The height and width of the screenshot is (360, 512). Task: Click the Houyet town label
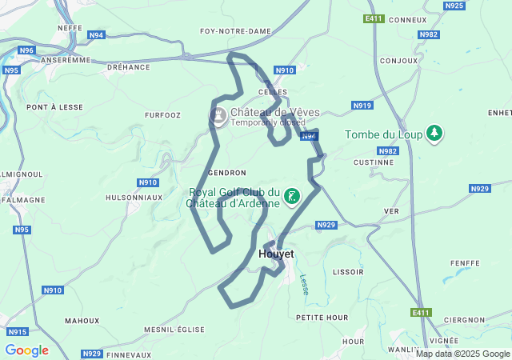[x=277, y=254]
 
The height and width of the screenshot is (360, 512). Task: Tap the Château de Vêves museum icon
[x=217, y=117]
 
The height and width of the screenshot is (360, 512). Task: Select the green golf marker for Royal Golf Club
[x=292, y=197]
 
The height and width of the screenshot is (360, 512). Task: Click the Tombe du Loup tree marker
[x=434, y=134]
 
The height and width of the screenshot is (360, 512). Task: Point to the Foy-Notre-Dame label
[x=235, y=31]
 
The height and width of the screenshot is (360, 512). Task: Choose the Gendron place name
[x=226, y=173]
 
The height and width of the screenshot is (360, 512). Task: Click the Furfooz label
[x=162, y=115]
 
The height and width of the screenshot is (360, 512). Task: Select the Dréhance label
[x=129, y=67]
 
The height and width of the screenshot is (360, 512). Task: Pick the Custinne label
[x=374, y=162]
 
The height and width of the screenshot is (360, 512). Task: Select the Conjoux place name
[x=399, y=61]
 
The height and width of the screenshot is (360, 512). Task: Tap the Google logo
[x=26, y=350]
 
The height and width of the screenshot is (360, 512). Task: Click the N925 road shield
[x=454, y=6]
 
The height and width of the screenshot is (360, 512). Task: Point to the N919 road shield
[x=362, y=106]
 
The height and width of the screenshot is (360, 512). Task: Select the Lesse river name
[x=304, y=284]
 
